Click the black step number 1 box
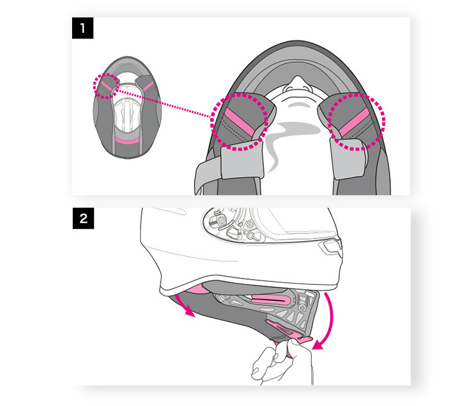(83, 29)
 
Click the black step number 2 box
(83, 219)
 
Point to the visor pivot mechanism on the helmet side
(233, 227)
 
